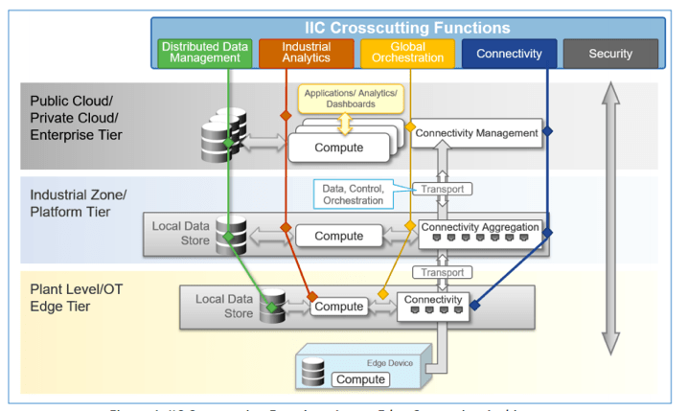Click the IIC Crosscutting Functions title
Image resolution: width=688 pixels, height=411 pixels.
pyautogui.click(x=407, y=28)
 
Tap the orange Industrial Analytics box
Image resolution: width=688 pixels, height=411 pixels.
pyautogui.click(x=307, y=53)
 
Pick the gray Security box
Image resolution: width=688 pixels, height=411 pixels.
pyautogui.click(x=609, y=53)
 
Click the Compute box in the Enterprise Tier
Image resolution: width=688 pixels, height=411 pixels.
pyautogui.click(x=338, y=148)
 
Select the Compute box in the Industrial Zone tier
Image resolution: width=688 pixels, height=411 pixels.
pyautogui.click(x=338, y=235)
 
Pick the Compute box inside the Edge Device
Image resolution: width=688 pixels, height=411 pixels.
pyautogui.click(x=359, y=379)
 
